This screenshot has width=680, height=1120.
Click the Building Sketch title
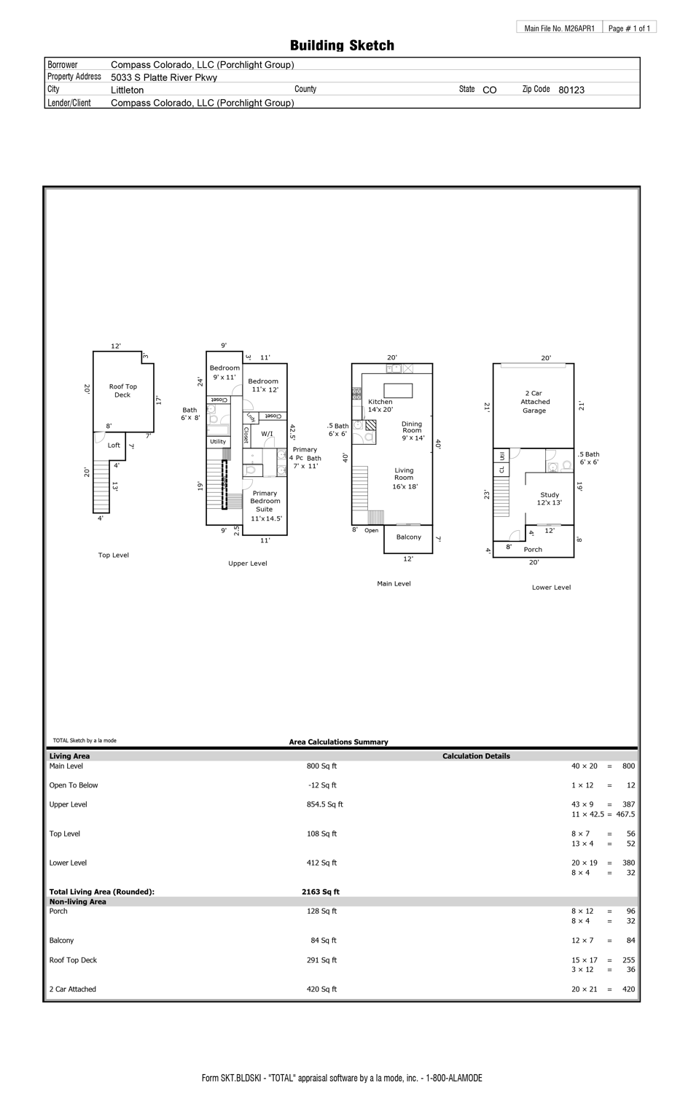342,45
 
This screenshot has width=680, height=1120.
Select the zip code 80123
571,90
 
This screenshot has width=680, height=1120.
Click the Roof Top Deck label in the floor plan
122,391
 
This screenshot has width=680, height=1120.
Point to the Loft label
114,445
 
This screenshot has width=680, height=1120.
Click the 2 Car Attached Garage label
534,402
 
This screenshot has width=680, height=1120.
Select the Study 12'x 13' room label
550,499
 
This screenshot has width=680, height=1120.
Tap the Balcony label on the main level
408,537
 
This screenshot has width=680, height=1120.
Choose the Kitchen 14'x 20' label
380,405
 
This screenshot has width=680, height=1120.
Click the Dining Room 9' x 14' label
412,431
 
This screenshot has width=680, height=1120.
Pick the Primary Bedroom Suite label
265,502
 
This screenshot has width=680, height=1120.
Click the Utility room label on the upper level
218,441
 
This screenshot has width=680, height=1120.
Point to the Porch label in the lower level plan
533,549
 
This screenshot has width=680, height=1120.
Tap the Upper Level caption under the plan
248,563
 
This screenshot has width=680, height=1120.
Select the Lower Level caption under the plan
551,587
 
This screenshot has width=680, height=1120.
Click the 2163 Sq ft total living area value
321,892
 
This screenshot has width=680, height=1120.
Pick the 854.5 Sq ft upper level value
324,804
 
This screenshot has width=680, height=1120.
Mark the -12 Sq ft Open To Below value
322,785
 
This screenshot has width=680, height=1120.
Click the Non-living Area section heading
77,902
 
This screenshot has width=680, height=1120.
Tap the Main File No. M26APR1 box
559,28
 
